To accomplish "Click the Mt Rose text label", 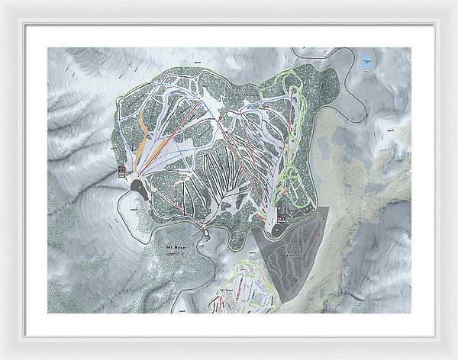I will pyautogui.click(x=176, y=249).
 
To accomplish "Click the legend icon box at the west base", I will pyautogui.click(x=121, y=171).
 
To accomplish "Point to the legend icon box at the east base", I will pyautogui.click(x=282, y=217).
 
